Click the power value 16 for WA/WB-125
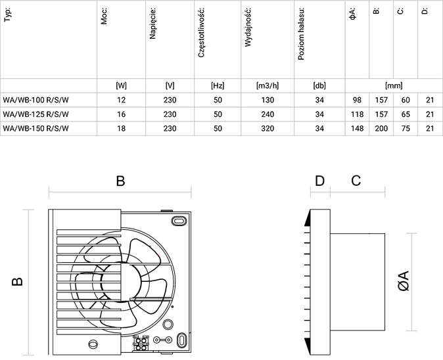click(x=121, y=114)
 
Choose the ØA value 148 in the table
click(x=357, y=129)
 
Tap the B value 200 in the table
click(x=381, y=129)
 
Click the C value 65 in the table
click(x=406, y=114)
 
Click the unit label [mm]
click(x=394, y=85)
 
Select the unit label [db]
click(x=319, y=85)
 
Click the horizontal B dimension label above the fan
click(x=120, y=181)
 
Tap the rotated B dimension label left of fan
click(x=18, y=281)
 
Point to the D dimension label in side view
click(x=320, y=181)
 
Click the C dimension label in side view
click(x=356, y=181)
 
